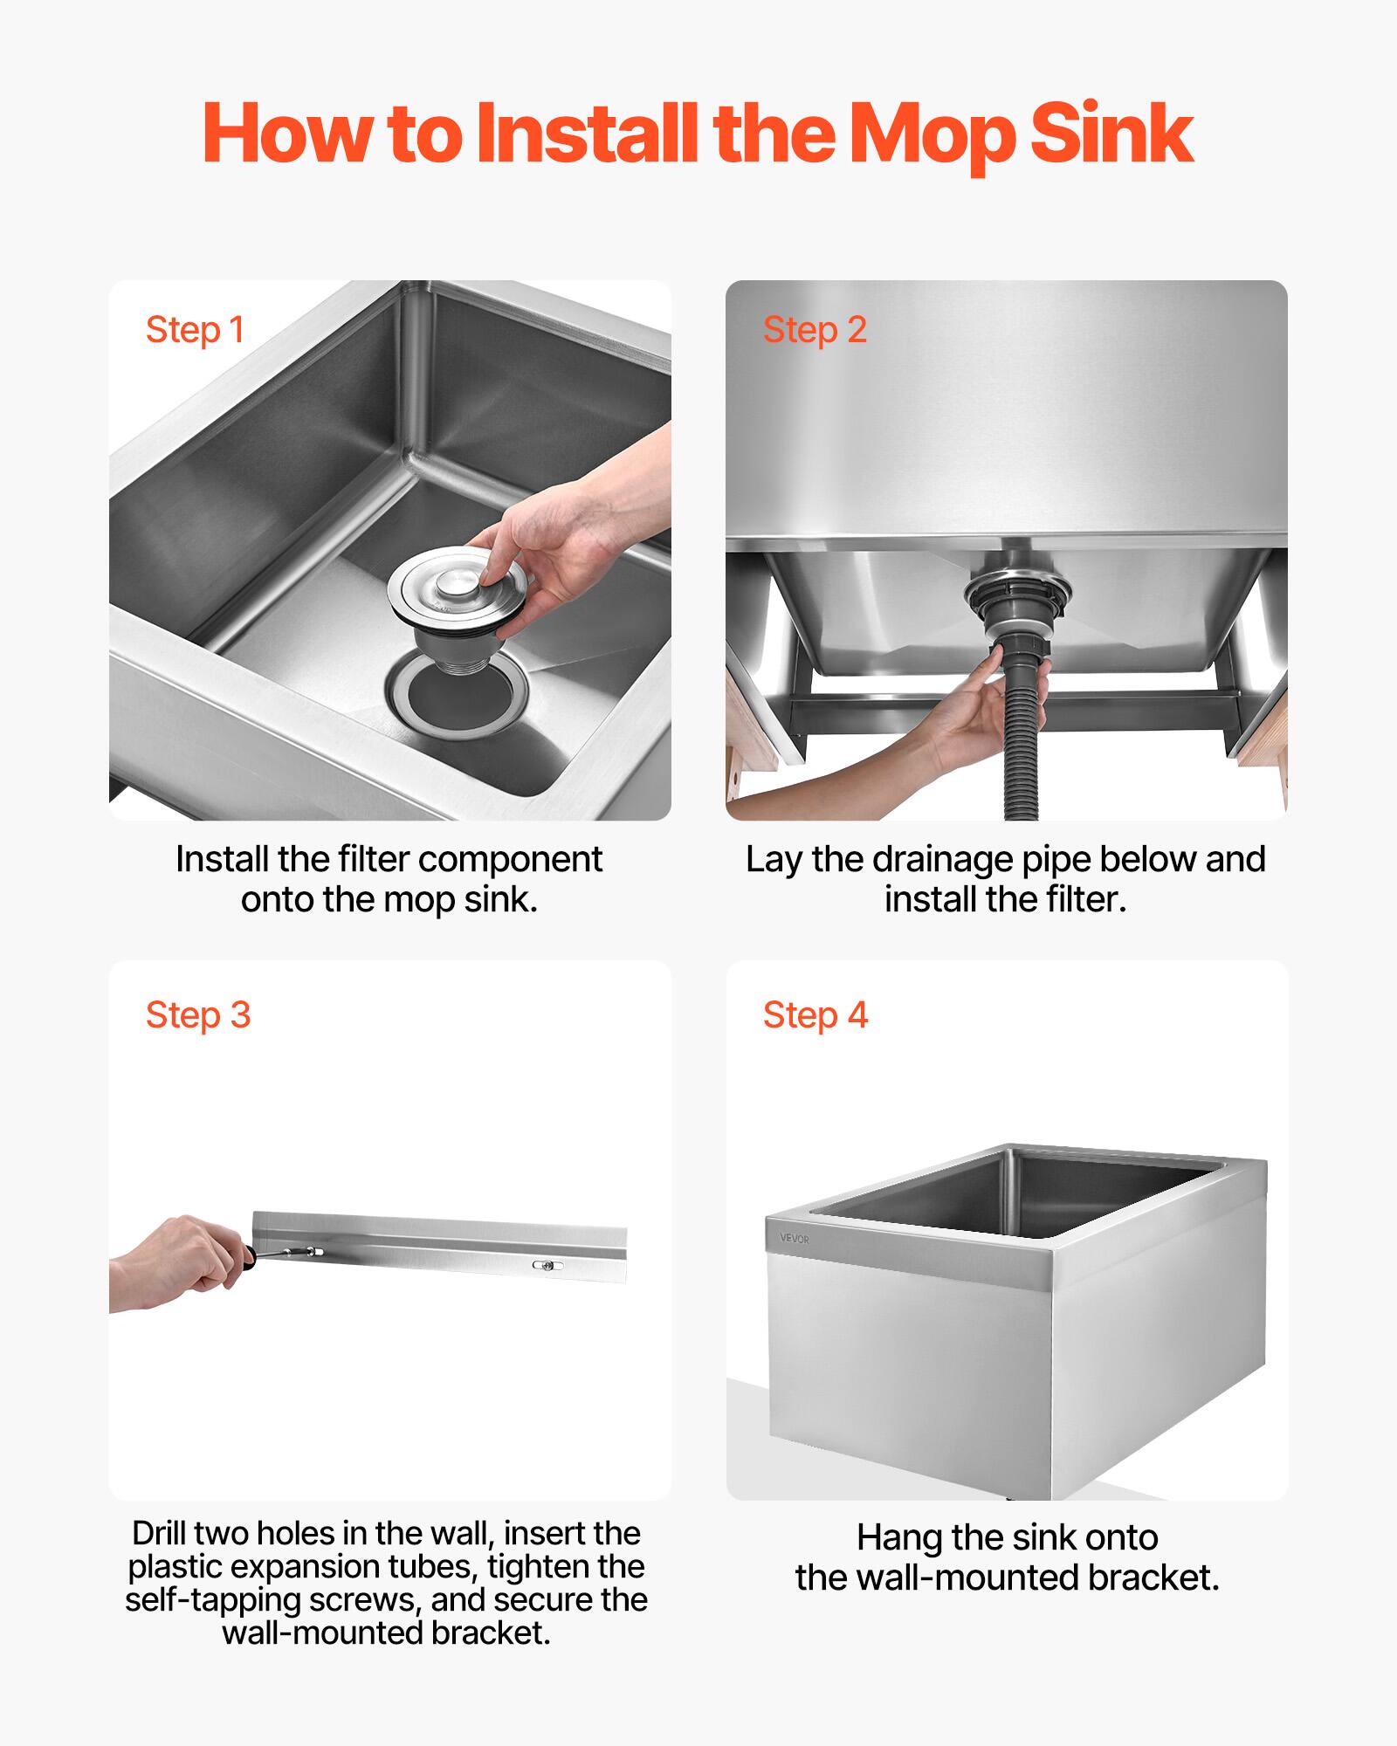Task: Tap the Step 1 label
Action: click(195, 330)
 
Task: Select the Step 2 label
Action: click(815, 330)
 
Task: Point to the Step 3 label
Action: click(198, 1015)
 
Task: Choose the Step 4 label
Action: click(815, 1015)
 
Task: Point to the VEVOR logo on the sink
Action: click(795, 1240)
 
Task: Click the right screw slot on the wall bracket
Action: click(547, 1264)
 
